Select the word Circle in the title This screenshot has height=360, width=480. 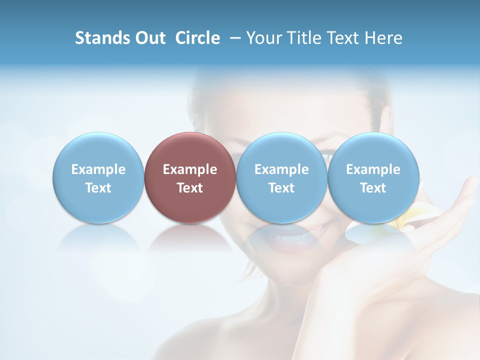point(197,38)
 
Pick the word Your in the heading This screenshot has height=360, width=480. point(264,38)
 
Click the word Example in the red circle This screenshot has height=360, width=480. point(190,169)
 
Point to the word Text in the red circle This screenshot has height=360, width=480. point(190,188)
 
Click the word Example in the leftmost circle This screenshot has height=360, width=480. point(98,169)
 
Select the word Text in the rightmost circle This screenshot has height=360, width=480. point(373,188)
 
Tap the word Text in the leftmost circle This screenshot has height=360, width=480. point(98,188)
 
